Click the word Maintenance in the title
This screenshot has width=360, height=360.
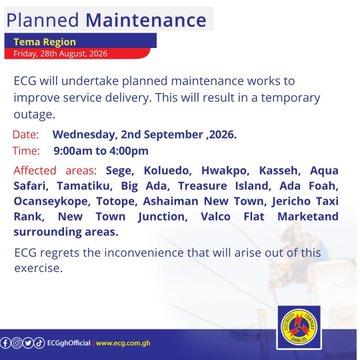pyautogui.click(x=146, y=20)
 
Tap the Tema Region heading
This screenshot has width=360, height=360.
pyautogui.click(x=45, y=42)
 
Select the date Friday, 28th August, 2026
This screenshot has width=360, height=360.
pyautogui.click(x=60, y=54)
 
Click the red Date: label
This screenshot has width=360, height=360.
pyautogui.click(x=26, y=135)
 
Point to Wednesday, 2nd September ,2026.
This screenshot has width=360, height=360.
pyautogui.click(x=145, y=135)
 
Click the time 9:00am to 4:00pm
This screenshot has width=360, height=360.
pyautogui.click(x=101, y=151)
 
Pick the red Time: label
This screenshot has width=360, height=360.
pyautogui.click(x=26, y=151)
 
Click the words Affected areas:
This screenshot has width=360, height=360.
pyautogui.click(x=55, y=171)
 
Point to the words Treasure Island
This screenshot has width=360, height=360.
pyautogui.click(x=224, y=186)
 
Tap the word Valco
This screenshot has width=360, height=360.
pyautogui.click(x=216, y=217)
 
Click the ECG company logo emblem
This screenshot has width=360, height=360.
pyautogui.click(x=299, y=327)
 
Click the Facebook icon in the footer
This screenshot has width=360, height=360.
pyautogui.click(x=6, y=343)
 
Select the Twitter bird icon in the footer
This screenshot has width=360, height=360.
pyautogui.click(x=28, y=343)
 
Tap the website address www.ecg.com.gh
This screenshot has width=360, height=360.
pyautogui.click(x=123, y=343)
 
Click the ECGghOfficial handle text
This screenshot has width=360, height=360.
pyautogui.click(x=69, y=343)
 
